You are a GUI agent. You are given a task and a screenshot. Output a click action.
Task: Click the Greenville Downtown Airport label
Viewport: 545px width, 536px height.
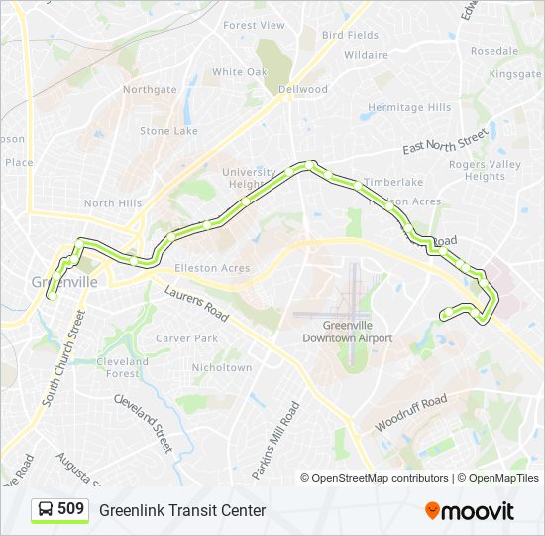[x=348, y=332]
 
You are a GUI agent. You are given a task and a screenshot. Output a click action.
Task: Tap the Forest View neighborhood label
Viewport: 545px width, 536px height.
[x=254, y=26]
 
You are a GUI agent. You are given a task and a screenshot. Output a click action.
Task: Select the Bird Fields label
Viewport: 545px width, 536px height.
[x=350, y=35]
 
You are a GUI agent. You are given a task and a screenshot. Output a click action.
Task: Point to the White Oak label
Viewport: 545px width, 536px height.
[x=240, y=72]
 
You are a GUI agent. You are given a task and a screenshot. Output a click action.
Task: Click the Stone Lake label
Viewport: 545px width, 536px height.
[x=168, y=131]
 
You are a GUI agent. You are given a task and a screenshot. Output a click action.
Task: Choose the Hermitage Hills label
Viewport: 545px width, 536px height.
[x=409, y=108]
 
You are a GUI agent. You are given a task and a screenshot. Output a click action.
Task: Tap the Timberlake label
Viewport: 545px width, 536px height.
[x=392, y=182]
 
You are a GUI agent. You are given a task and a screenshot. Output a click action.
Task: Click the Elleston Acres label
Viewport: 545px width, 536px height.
[x=212, y=268]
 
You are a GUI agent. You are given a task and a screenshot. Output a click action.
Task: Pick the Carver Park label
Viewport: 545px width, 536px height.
[x=186, y=338]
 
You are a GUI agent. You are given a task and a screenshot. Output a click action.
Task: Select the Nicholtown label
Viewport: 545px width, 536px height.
[x=222, y=367]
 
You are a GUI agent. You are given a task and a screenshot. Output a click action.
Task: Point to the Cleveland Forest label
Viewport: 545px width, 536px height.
[x=123, y=367]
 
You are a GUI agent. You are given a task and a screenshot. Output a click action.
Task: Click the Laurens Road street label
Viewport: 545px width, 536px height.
[x=197, y=307]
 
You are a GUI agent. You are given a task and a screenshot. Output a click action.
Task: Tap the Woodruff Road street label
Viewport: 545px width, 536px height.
[x=410, y=412]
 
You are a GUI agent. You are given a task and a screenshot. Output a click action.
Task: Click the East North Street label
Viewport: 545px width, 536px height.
[x=446, y=141]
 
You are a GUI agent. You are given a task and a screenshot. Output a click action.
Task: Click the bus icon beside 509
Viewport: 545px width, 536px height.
[x=46, y=510]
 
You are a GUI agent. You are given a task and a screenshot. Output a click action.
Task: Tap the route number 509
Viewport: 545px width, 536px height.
[x=70, y=509]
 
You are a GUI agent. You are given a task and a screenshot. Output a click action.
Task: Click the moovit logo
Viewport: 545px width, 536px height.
[x=470, y=511]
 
